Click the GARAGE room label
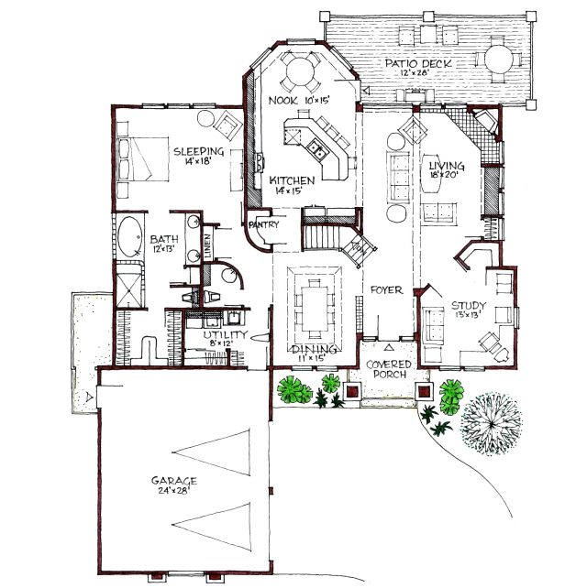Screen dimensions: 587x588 coord(174,480)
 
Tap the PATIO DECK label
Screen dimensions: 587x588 coord(418,63)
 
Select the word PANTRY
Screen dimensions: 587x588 coord(263,224)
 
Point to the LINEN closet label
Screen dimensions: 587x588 coord(207,245)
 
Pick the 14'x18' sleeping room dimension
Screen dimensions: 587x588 coord(198,161)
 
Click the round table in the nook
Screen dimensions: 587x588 coord(301,71)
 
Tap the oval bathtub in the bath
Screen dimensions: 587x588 coord(130,236)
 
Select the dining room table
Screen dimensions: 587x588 coord(315,309)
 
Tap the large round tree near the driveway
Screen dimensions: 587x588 coord(491,424)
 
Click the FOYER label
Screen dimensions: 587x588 coord(386,289)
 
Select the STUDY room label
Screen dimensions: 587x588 coord(469,305)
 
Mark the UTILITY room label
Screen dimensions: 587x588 coord(226,334)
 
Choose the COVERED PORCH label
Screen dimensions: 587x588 coord(388,369)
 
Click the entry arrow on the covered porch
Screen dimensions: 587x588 coord(389,347)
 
